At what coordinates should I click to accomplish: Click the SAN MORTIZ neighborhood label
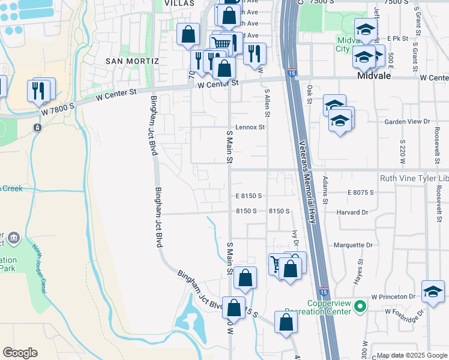point(132,61)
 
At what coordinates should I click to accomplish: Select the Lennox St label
point(250,127)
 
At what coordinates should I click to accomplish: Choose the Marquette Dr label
point(353,245)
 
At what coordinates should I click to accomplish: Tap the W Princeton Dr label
point(393,296)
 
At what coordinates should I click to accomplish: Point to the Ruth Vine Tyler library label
point(414,178)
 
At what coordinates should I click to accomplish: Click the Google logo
point(20,353)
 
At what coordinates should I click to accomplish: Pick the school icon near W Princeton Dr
point(432,291)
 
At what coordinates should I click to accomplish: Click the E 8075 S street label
point(360,193)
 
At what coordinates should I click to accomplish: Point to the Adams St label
point(325,189)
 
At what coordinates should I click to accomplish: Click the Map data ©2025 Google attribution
point(411,356)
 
